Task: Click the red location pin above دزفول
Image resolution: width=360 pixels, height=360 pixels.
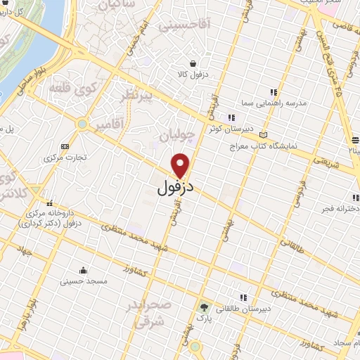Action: (x=181, y=165)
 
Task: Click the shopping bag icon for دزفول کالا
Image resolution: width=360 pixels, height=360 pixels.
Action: (x=202, y=63)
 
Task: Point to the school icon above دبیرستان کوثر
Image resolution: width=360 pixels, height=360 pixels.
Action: (x=230, y=117)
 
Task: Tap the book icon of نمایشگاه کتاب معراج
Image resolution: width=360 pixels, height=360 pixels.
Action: (x=264, y=134)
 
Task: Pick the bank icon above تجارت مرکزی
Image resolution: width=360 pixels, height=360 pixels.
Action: (x=65, y=146)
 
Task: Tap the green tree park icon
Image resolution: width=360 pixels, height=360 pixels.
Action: (x=205, y=307)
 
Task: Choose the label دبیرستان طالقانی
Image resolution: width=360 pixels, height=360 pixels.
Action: (x=240, y=309)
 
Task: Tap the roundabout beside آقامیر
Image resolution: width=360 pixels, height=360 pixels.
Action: (x=83, y=124)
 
